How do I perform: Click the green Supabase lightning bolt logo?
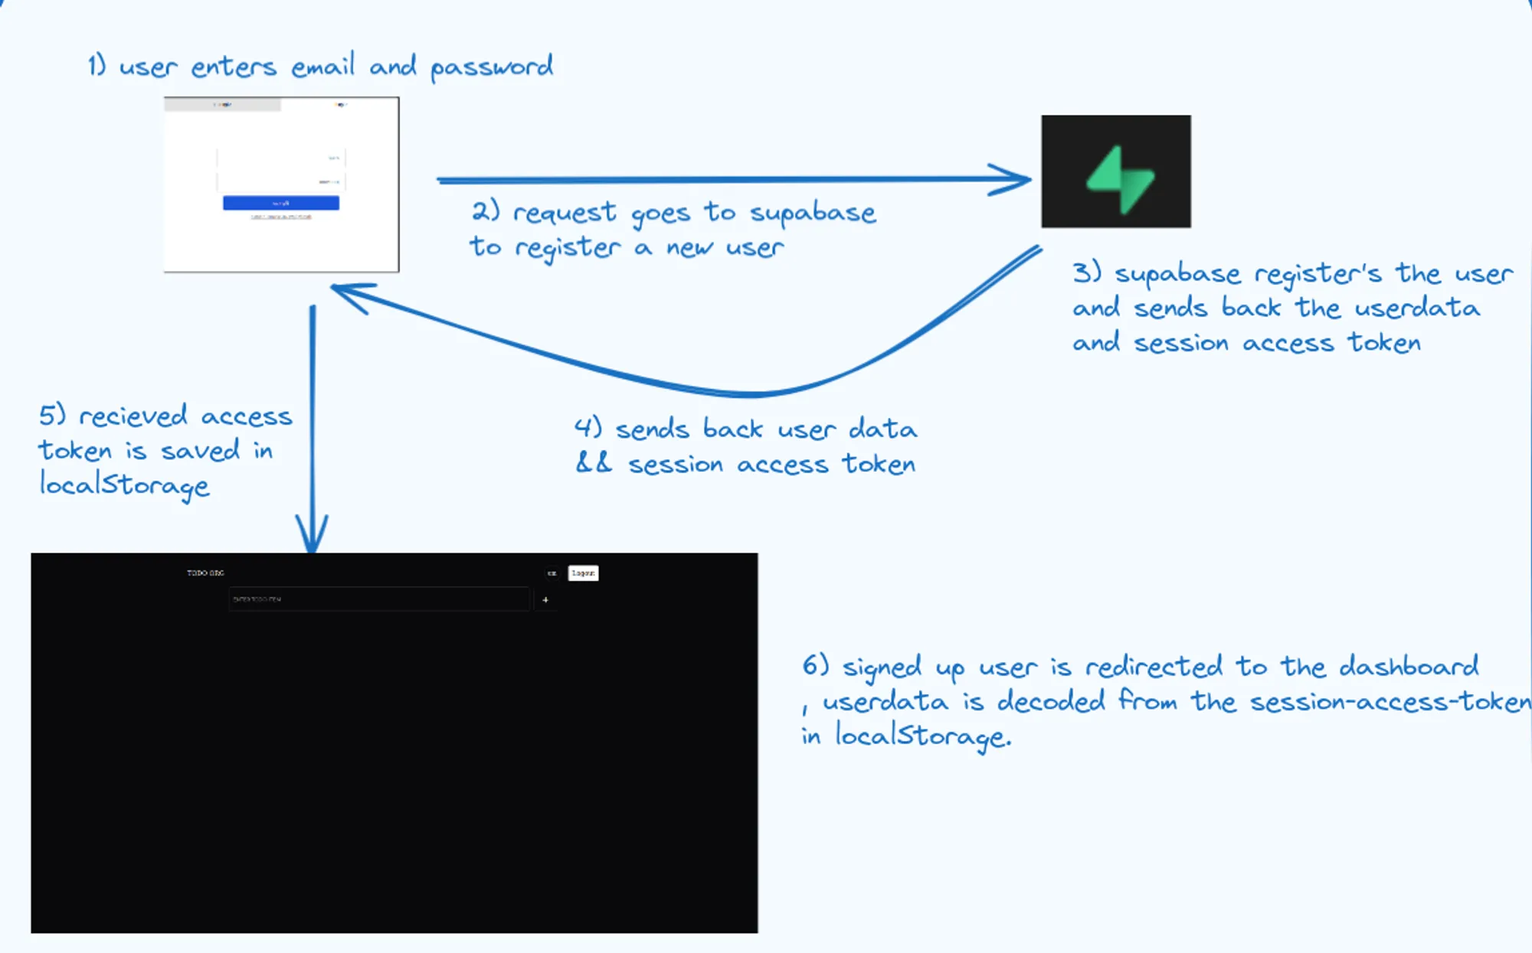(x=1120, y=179)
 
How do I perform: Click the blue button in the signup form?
(x=281, y=203)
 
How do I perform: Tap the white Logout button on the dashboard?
(x=583, y=573)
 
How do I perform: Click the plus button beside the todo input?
(x=545, y=600)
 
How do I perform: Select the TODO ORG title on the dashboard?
(x=205, y=573)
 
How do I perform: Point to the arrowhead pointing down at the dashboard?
(x=312, y=536)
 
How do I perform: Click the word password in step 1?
(x=491, y=67)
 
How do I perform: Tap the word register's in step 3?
(x=1318, y=274)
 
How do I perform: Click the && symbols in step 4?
(x=594, y=463)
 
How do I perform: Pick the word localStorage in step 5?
(x=124, y=485)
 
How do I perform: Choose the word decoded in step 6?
(x=1051, y=701)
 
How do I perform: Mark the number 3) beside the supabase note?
(x=1086, y=273)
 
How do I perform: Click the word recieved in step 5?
(x=133, y=416)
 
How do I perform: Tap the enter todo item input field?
(x=379, y=599)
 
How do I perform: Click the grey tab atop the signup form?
(x=222, y=105)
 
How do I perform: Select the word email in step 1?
(x=322, y=67)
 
